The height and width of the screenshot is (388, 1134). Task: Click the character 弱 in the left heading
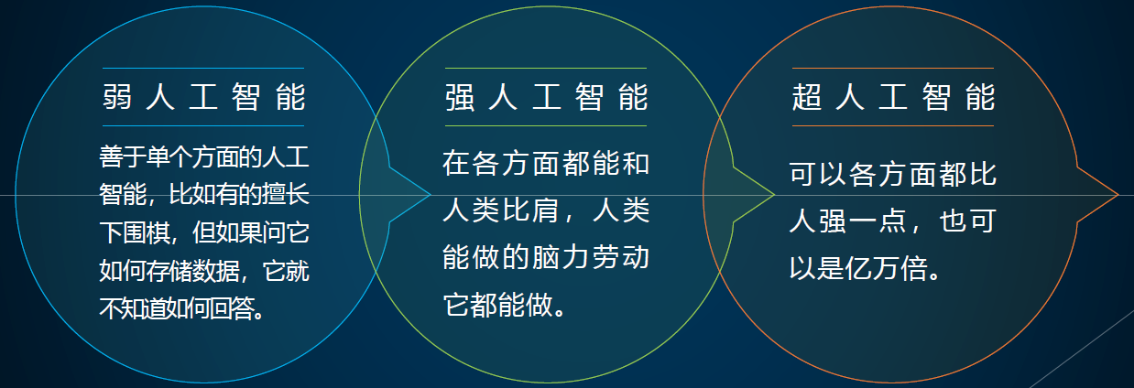click(117, 97)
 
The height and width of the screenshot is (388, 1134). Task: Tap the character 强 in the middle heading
click(460, 97)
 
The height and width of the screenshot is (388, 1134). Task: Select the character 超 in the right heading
click(807, 97)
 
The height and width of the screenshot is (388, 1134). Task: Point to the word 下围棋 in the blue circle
click(135, 233)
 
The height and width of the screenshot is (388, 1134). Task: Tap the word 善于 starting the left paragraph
click(123, 156)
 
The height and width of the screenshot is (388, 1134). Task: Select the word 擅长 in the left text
click(287, 195)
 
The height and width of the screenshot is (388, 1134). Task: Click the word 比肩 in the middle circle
click(531, 210)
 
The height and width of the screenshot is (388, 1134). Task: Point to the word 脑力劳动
click(591, 257)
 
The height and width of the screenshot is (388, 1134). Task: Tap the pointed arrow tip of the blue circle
click(431, 194)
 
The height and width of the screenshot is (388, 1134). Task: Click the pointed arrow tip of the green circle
click(774, 194)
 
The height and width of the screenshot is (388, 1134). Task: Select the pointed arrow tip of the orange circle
click(1118, 194)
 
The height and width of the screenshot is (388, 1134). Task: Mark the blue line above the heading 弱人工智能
click(203, 68)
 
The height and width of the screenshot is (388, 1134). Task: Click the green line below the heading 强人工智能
click(546, 125)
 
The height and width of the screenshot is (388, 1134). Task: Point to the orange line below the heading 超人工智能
click(893, 125)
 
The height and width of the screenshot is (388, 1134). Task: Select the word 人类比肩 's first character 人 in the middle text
click(457, 210)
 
